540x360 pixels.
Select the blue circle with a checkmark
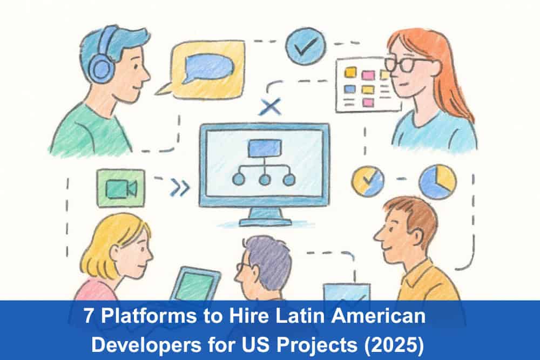coord(305,46)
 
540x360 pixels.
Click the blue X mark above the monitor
coord(271,107)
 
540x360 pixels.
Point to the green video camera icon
coord(121,188)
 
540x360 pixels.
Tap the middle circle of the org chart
coord(265,180)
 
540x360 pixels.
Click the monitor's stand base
coord(265,222)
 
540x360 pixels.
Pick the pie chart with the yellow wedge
coord(438,182)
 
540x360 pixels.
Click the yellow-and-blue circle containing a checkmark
coord(368,181)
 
